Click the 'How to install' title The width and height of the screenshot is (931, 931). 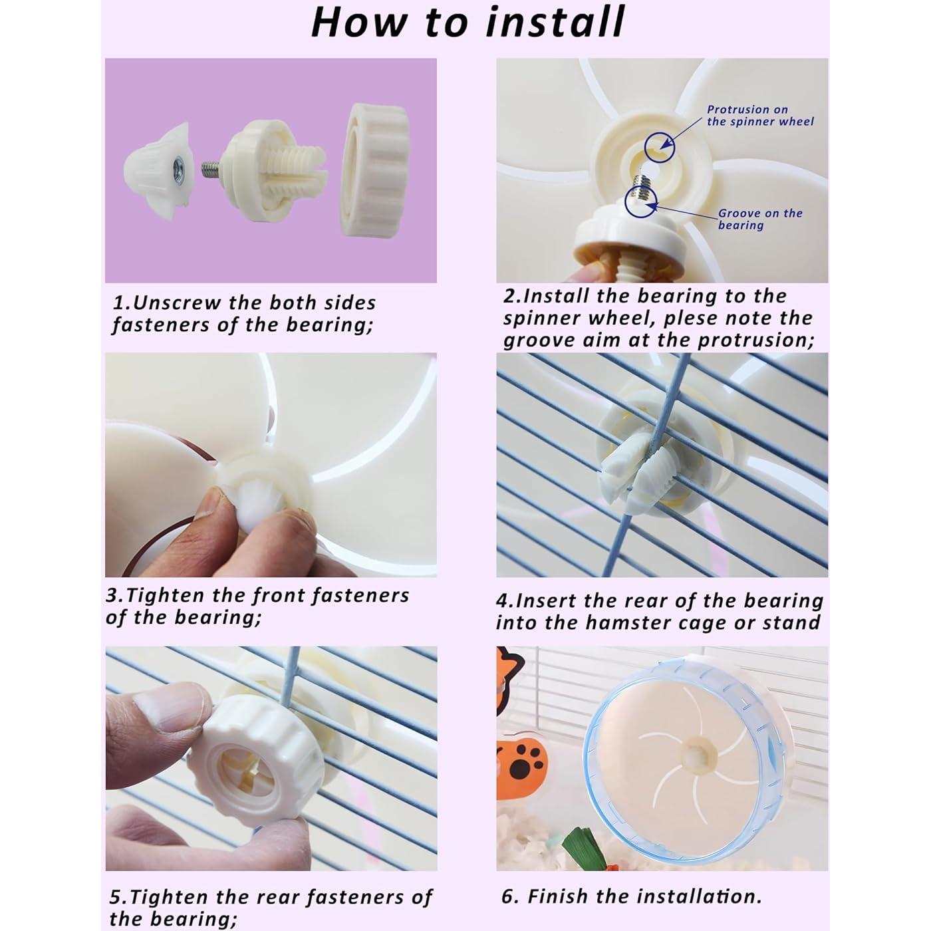click(x=467, y=23)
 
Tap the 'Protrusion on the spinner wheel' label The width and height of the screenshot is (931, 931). click(x=760, y=116)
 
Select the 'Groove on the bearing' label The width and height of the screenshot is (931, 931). click(x=759, y=219)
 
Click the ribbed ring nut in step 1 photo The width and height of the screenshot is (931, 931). click(x=375, y=170)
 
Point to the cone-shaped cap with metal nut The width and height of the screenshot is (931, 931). click(x=159, y=170)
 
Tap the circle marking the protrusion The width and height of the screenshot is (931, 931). click(x=659, y=148)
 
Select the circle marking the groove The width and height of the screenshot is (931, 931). click(x=640, y=202)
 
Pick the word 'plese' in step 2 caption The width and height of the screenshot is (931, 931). click(x=694, y=319)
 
